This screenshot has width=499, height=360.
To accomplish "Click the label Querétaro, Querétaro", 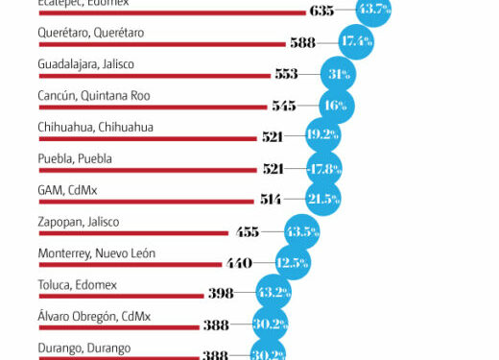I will [90, 33].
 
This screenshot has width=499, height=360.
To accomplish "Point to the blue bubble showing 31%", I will [338, 74].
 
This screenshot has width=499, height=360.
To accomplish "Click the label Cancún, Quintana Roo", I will [93, 96].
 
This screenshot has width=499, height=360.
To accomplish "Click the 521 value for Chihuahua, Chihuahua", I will [273, 136].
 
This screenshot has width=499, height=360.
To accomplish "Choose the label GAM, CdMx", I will [67, 190].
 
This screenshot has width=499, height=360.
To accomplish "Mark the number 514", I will [272, 200].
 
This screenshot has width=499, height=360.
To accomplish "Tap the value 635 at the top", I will [322, 11].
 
